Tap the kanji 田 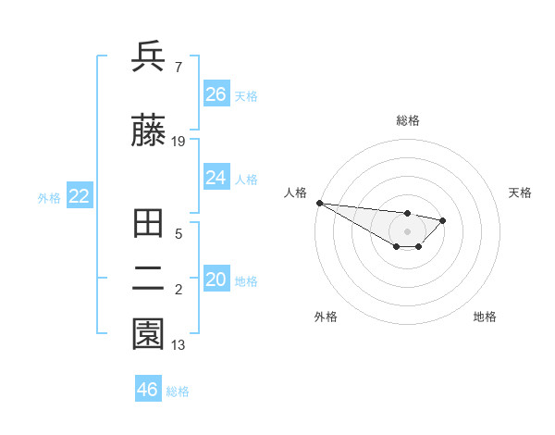pos(148,225)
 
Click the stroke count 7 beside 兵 pos(178,68)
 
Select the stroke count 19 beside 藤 pos(179,142)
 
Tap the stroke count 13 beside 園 pos(179,345)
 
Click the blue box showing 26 pos(216,93)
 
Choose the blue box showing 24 pos(216,177)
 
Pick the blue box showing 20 pos(216,280)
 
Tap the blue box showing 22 pos(80,195)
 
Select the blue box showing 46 pos(148,389)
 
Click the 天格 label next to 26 pos(246,95)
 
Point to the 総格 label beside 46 pos(178,391)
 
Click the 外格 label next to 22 pos(49,197)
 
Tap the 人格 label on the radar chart pos(295,193)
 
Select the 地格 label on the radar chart pos(485,317)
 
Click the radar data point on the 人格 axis pos(318,203)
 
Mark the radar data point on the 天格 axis pos(443,220)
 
